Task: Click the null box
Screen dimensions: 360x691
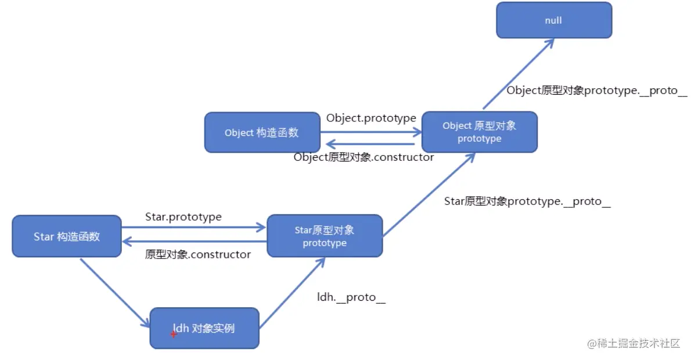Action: pos(553,20)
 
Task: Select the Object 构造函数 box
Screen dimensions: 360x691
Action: pos(262,132)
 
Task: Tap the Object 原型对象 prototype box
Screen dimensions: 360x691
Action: pos(479,132)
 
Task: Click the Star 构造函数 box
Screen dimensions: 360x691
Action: pos(67,236)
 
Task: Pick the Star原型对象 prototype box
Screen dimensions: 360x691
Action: pos(325,236)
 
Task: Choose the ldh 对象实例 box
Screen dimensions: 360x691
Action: pos(204,328)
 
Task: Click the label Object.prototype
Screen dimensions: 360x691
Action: pos(371,118)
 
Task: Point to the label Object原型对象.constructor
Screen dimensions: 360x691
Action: pos(364,157)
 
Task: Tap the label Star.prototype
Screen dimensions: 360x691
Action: pos(183,217)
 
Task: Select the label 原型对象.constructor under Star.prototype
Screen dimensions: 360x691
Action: pos(198,254)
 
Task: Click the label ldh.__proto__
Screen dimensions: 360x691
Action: pos(351,297)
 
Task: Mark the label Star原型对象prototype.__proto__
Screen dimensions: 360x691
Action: pos(527,201)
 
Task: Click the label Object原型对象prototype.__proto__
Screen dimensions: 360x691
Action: pos(597,91)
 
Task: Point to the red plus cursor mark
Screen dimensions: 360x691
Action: pos(173,334)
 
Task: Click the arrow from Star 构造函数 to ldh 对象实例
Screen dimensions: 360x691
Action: pos(114,293)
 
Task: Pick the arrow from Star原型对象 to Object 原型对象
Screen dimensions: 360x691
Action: pos(429,195)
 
